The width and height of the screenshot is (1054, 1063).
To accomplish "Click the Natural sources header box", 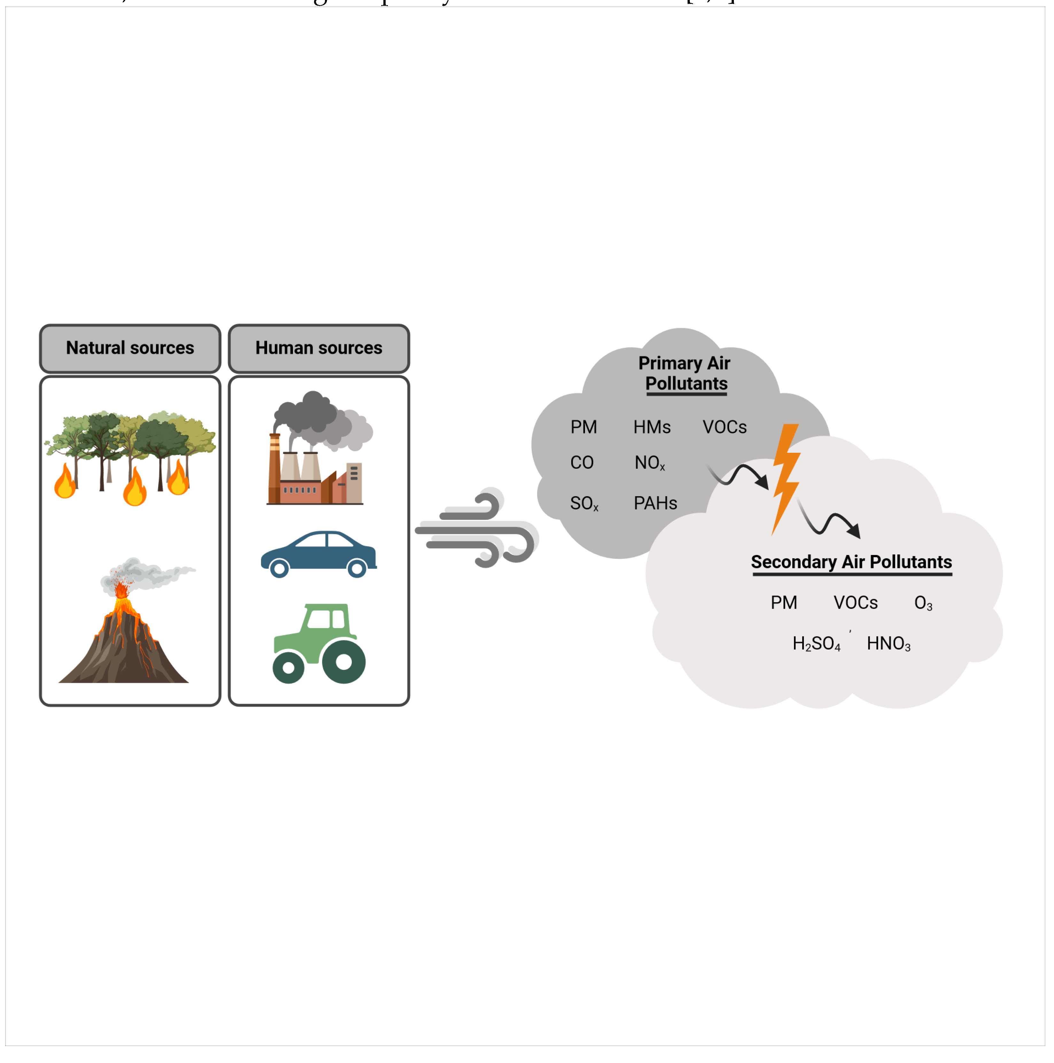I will (x=130, y=348).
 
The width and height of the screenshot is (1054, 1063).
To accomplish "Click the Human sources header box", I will (x=319, y=348).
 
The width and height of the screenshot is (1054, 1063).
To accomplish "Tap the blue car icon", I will (x=318, y=553).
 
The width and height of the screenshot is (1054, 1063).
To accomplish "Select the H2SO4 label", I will (x=816, y=644).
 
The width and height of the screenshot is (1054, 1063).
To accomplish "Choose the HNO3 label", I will (x=888, y=644).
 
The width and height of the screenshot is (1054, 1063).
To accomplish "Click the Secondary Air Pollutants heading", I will (x=851, y=562).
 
